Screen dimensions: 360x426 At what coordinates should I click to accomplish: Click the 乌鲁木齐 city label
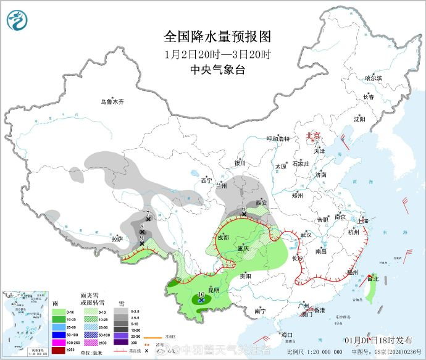coord(113,102)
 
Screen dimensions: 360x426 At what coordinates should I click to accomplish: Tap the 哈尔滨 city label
coord(373,78)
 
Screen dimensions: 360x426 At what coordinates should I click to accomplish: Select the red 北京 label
coord(314,135)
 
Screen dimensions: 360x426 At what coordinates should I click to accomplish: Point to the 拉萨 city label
coord(117,238)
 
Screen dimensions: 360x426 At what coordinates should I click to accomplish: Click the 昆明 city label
coord(213,289)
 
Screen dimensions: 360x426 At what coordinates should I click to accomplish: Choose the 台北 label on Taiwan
coord(372,278)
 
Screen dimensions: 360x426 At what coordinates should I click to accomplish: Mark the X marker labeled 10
coord(202,299)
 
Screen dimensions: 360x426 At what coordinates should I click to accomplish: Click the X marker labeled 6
coord(243,214)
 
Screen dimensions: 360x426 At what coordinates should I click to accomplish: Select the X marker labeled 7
coord(148,219)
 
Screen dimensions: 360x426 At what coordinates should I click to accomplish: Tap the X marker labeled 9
coord(143,243)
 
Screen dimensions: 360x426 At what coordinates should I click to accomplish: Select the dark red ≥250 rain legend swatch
coord(59,350)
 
